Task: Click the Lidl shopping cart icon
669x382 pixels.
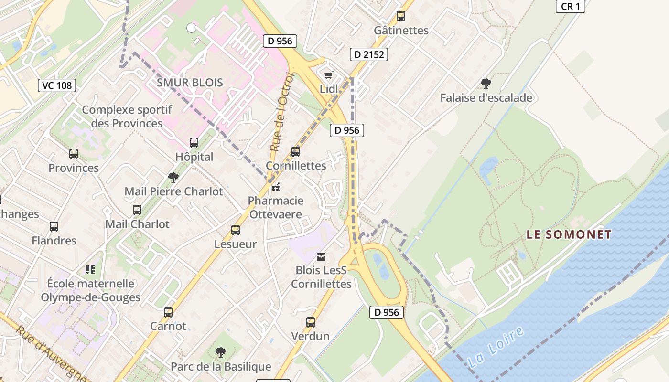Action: (x=328, y=75)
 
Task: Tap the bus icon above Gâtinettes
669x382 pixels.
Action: (x=401, y=16)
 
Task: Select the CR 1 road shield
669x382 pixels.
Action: (x=571, y=6)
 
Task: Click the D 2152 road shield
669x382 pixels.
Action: (x=369, y=54)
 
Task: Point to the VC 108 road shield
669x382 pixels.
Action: (x=57, y=85)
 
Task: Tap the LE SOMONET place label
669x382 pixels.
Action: (x=569, y=234)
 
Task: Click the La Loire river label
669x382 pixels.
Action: (x=496, y=346)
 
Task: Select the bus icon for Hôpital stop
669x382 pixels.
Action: (x=194, y=143)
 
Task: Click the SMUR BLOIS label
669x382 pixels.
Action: (x=190, y=83)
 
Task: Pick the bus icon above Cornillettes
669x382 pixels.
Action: (x=296, y=152)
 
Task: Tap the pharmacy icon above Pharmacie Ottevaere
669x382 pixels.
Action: (x=275, y=187)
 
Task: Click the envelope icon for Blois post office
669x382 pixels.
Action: (x=321, y=257)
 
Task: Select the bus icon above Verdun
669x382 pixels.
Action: (x=311, y=322)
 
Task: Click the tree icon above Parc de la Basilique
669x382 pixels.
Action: (x=220, y=353)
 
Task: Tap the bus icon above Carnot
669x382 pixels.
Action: (x=168, y=312)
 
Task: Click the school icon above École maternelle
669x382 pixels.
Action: (x=90, y=270)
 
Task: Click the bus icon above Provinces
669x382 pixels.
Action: (x=74, y=154)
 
